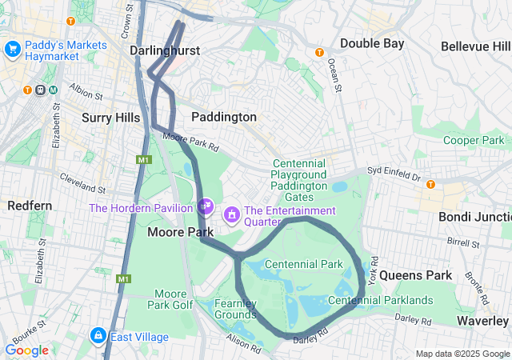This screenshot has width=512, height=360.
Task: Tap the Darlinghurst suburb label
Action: coord(165,50)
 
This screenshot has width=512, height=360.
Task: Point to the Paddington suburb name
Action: coord(224,117)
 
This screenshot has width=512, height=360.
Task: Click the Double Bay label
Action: coord(372,43)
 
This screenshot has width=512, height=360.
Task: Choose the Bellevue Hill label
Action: coord(475,46)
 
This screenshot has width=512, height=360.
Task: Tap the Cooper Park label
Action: coord(473,140)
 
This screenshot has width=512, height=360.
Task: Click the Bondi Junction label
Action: coord(474,216)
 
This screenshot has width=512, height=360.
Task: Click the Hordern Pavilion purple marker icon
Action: coord(206,206)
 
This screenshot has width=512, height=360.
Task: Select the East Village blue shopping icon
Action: coord(98,336)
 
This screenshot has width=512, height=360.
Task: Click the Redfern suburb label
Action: coord(30,206)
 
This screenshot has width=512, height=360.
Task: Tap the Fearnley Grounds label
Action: coord(236,309)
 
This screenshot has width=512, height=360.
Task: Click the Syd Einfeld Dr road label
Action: coord(393,173)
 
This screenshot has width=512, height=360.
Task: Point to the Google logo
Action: coord(26,350)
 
